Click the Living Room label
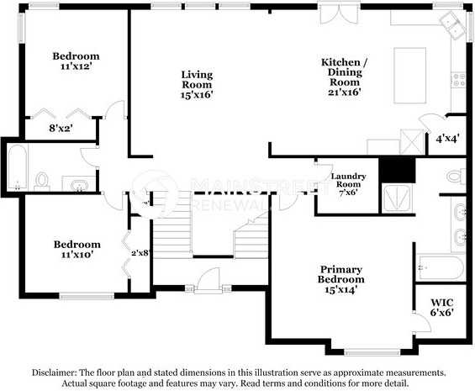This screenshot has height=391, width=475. click(197, 74)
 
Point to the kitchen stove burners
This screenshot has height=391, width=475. click(459, 80)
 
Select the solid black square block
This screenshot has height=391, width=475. click(397, 170)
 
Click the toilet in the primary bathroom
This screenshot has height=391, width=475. click(455, 177)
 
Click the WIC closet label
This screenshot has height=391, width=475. click(441, 301)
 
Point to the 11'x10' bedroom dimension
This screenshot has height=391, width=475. click(77, 254)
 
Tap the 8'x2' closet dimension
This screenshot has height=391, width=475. click(60, 129)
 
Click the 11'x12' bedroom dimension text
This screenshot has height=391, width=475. click(76, 65)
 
